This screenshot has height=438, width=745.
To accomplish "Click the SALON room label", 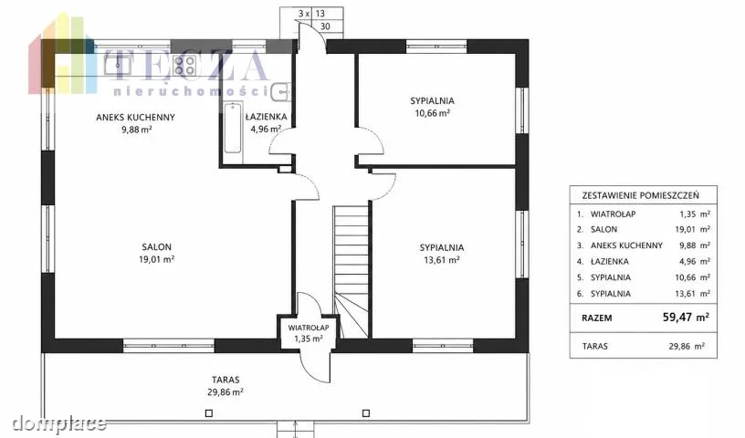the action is point(157,247).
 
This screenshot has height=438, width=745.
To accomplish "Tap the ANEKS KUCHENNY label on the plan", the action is point(135,118).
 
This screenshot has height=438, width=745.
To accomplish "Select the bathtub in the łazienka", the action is point(233,128).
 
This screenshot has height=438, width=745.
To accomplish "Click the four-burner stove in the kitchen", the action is point(184,66).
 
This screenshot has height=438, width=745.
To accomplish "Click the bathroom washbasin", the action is point(281,92).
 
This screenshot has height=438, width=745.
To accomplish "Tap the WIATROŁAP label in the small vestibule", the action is point(309,328).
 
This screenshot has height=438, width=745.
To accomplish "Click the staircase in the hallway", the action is point(352,272).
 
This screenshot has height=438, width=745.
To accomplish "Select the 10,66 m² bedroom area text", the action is point(432,113).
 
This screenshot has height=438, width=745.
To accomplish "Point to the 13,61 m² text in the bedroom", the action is point(441,260).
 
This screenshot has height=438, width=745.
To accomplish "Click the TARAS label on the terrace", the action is point(226,380).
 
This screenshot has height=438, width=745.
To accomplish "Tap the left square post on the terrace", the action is point(208,413).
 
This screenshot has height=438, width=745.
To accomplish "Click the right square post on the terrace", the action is point(366,413).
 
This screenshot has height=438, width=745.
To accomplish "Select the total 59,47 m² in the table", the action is point(686,317).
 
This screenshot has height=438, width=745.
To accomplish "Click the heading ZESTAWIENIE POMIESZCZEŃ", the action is point(641,195).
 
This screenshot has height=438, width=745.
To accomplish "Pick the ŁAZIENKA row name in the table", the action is point(610,261).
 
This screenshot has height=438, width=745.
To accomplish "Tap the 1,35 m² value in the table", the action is point(695,214).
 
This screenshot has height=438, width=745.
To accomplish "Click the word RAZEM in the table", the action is point(597,318).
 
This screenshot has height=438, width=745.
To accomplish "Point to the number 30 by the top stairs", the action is point(325,26).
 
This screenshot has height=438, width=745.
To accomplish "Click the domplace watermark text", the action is point(59,422).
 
